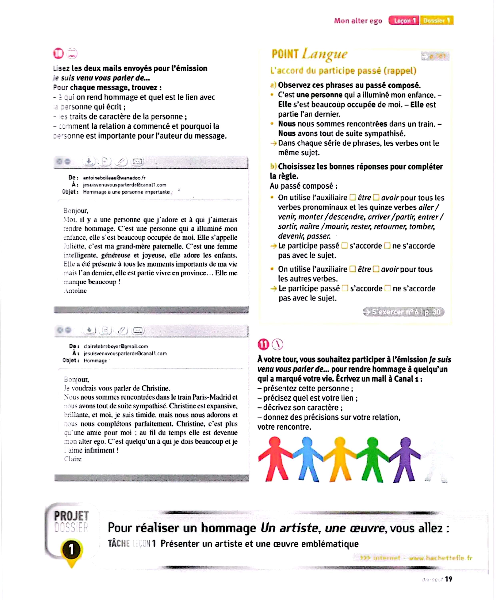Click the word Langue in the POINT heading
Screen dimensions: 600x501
[325, 54]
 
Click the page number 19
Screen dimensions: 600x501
[448, 579]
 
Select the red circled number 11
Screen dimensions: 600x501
[263, 345]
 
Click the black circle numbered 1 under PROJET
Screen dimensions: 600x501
[71, 549]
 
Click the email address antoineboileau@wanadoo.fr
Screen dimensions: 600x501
[114, 178]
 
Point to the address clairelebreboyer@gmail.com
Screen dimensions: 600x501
[116, 346]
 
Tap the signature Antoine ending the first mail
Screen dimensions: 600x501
[75, 291]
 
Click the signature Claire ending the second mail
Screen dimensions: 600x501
[73, 459]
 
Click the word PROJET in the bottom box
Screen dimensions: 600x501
[71, 516]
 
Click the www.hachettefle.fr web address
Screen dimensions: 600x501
[440, 558]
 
